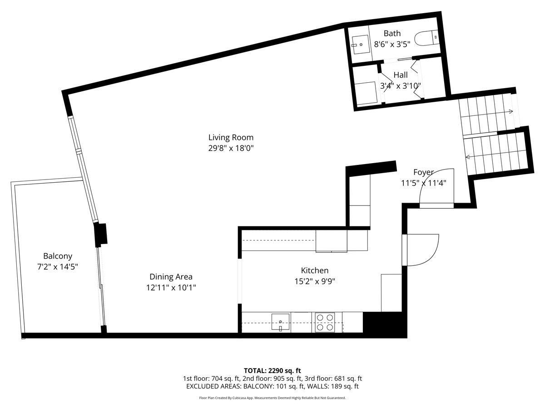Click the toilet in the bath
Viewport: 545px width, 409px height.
coord(426,38)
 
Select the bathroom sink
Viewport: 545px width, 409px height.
coord(360,45)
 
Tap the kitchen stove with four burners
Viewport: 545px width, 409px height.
coord(325,322)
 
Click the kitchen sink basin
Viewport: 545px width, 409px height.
coord(280,322)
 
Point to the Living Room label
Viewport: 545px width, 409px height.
coord(231,137)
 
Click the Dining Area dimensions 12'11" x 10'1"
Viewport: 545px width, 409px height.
coord(171,288)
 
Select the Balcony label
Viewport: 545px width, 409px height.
coord(58,256)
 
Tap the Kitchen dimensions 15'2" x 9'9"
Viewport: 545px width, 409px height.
coord(315,281)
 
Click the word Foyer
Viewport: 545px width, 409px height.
coord(424,172)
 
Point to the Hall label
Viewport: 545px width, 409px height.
coord(401,75)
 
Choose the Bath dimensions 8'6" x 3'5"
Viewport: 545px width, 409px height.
coord(392,44)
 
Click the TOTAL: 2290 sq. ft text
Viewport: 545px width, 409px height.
coord(272,371)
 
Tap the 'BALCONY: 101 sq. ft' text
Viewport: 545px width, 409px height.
coord(273,386)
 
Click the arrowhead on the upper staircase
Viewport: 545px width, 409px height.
coord(511,111)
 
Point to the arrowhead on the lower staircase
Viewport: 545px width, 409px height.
coord(468,157)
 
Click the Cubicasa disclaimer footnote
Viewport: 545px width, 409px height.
coord(272,398)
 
